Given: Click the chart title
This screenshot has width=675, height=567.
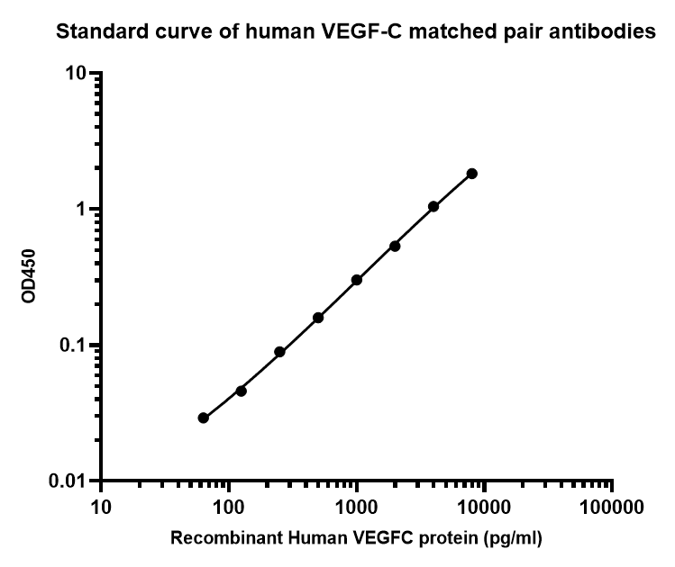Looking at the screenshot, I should (356, 34).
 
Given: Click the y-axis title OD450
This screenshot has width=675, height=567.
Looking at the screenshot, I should (29, 276).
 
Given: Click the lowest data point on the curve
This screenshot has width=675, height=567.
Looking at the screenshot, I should (204, 418).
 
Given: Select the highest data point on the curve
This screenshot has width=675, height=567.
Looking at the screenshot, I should (471, 173).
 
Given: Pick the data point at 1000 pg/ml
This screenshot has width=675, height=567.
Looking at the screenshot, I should (357, 280).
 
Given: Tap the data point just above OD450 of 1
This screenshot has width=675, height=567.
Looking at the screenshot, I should (433, 206).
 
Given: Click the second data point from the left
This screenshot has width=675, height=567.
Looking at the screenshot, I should (241, 391).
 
